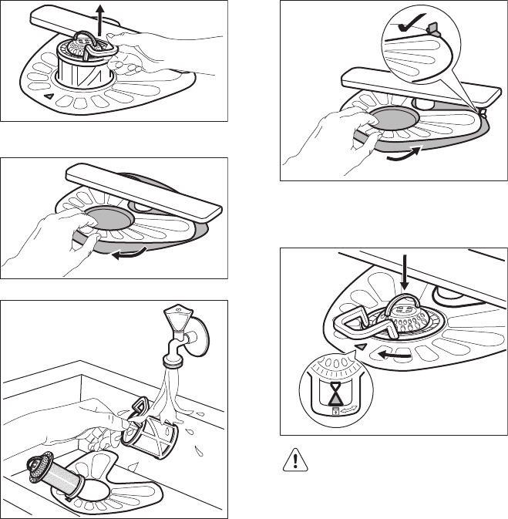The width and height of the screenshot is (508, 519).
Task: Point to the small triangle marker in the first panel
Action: coord(48,97)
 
